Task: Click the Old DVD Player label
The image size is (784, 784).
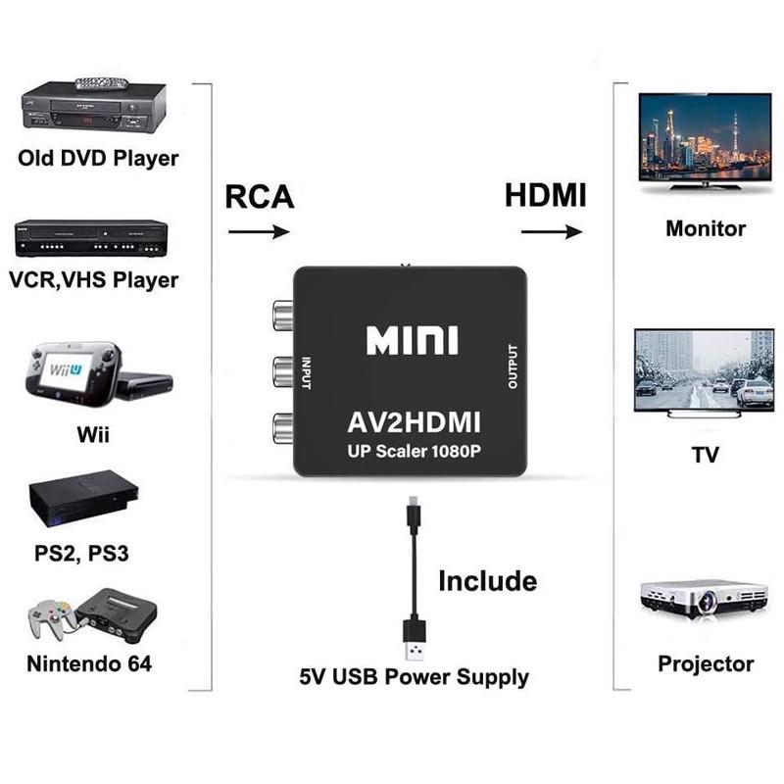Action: [98, 158]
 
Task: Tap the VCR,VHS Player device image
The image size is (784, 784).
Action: [90, 238]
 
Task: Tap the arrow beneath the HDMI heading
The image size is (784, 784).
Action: [552, 232]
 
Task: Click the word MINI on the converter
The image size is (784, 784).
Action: [412, 341]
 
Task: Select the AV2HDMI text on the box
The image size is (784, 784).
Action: [413, 422]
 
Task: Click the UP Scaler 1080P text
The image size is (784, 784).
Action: [413, 452]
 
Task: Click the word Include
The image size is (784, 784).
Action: [487, 580]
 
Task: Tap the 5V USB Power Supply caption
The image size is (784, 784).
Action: [414, 676]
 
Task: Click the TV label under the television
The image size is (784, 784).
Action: [705, 455]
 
